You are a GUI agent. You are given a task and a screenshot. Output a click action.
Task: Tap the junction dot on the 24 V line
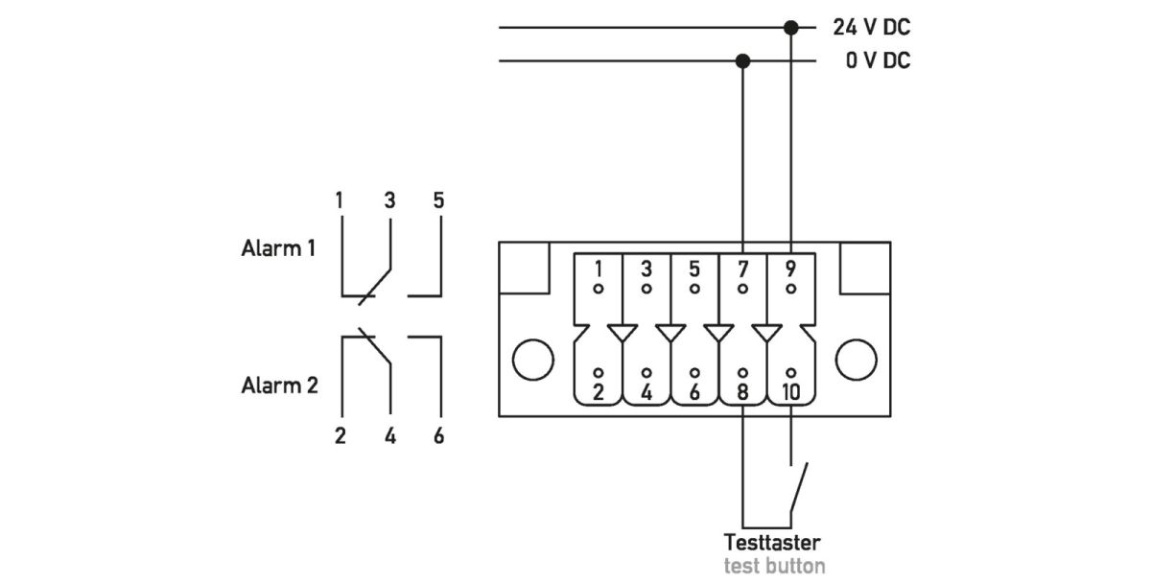790,28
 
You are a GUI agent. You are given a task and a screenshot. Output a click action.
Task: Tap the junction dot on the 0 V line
742,61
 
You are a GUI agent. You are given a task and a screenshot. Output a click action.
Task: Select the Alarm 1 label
278,248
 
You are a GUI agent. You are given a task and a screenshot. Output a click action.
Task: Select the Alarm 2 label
279,385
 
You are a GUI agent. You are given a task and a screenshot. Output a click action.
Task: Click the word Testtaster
772,542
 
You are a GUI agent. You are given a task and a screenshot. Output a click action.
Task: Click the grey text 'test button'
773,565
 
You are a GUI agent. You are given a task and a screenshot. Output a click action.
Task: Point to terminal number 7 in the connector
742,269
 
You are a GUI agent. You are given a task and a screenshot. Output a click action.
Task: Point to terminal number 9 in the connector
790,269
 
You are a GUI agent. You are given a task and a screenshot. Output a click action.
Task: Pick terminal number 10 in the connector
790,391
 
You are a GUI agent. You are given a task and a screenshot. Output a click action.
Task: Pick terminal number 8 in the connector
742,391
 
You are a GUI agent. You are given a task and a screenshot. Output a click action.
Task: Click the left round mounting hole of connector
533,360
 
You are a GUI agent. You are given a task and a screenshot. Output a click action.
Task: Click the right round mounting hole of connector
856,360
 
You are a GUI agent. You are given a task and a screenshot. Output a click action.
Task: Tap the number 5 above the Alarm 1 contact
438,200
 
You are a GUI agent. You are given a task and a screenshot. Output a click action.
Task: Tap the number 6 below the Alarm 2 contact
438,436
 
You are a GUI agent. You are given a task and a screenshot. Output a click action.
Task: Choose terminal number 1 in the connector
598,269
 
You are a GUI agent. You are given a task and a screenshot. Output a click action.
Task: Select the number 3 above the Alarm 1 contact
389,200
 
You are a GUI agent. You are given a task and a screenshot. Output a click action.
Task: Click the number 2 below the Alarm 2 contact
340,436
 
